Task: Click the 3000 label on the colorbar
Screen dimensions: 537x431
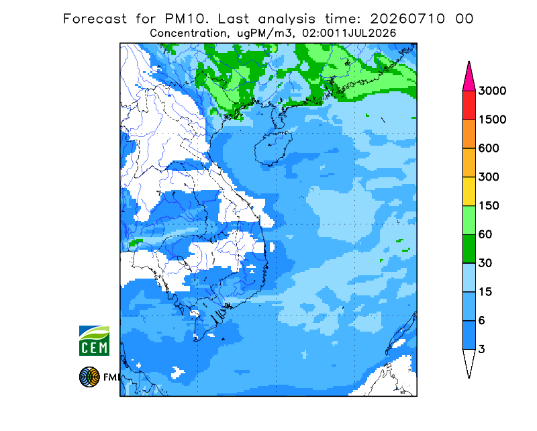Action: pos(492,91)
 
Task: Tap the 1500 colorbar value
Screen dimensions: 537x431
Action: pos(492,119)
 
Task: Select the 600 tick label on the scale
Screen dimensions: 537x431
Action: pos(489,148)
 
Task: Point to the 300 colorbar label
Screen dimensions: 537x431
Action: pos(489,177)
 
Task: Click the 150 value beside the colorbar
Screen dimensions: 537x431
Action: pos(489,206)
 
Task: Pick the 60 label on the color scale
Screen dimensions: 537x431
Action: pos(485,235)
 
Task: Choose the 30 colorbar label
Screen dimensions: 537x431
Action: pos(485,263)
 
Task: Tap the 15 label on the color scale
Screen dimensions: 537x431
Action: pos(485,292)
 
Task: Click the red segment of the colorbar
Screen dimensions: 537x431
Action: pos(469,105)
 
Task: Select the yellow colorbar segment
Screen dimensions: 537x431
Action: pos(469,191)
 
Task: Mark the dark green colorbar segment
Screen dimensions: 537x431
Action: pos(469,249)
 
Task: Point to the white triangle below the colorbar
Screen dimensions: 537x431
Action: pos(469,361)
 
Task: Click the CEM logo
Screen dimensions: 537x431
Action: pos(94,340)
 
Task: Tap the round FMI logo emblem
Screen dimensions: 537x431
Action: pos(89,377)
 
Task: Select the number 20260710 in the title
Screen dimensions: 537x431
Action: pos(408,19)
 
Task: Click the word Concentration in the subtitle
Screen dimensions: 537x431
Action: pos(188,34)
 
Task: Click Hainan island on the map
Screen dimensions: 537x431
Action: pos(273,148)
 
